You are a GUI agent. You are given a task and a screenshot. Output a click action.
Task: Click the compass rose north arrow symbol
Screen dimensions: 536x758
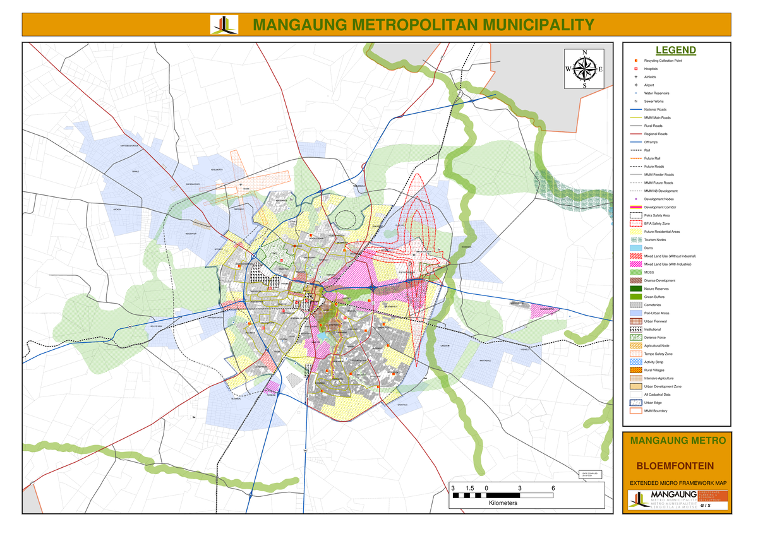click(584, 68)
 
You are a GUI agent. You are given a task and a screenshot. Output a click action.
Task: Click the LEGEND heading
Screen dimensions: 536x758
click(675, 51)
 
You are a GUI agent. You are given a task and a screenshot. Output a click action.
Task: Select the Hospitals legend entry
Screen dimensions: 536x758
click(651, 69)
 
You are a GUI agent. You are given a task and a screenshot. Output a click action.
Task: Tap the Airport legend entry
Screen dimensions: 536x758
click(649, 85)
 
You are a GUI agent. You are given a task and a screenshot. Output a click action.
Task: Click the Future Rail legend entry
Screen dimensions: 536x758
click(653, 158)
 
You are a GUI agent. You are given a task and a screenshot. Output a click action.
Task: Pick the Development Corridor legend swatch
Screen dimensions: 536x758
click(636, 207)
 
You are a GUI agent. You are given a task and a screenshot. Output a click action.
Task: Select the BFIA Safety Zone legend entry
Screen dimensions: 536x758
click(658, 223)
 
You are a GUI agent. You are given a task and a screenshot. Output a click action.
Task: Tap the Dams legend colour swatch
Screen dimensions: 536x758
click(636, 248)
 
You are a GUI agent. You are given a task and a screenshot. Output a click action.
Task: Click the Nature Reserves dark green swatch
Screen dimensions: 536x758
click(636, 289)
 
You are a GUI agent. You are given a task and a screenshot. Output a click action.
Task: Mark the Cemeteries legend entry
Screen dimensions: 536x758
click(652, 305)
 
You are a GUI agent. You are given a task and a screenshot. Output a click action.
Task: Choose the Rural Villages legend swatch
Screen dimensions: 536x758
click(636, 370)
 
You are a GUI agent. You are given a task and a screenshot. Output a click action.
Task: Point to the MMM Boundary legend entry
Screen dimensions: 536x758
click(655, 411)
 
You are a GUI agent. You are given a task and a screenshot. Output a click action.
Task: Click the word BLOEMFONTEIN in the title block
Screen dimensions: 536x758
click(675, 466)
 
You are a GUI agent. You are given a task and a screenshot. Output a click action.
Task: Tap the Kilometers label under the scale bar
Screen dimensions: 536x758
click(503, 503)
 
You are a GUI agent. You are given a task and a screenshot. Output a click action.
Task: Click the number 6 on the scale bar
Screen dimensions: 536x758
click(553, 489)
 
